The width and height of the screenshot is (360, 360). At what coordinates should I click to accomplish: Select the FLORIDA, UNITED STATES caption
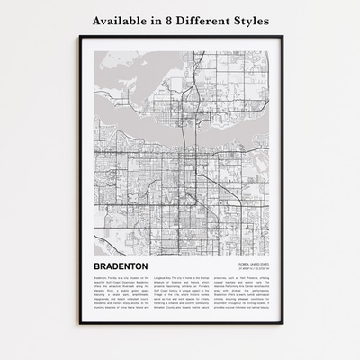[x=247, y=264]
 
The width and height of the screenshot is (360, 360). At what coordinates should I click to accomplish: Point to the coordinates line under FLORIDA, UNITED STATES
[x=249, y=269]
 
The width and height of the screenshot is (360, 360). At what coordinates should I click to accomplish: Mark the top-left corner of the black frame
[x=79, y=37]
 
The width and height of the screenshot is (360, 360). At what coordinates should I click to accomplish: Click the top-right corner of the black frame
[x=282, y=37]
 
